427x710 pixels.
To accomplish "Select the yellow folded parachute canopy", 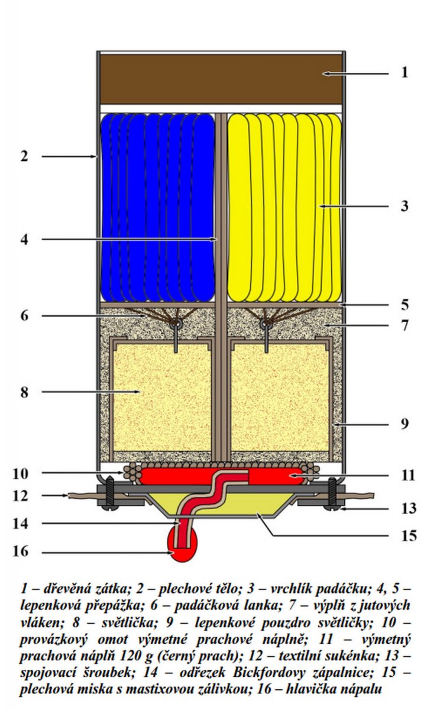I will pyautogui.click(x=284, y=207).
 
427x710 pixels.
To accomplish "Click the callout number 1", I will pyautogui.click(x=404, y=73).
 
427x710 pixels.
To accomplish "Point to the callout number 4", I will pyautogui.click(x=24, y=240).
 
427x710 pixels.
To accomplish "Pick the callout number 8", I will pyautogui.click(x=24, y=392).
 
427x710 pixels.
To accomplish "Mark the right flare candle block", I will pyautogui.click(x=280, y=400).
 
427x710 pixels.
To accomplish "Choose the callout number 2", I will pyautogui.click(x=24, y=157).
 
